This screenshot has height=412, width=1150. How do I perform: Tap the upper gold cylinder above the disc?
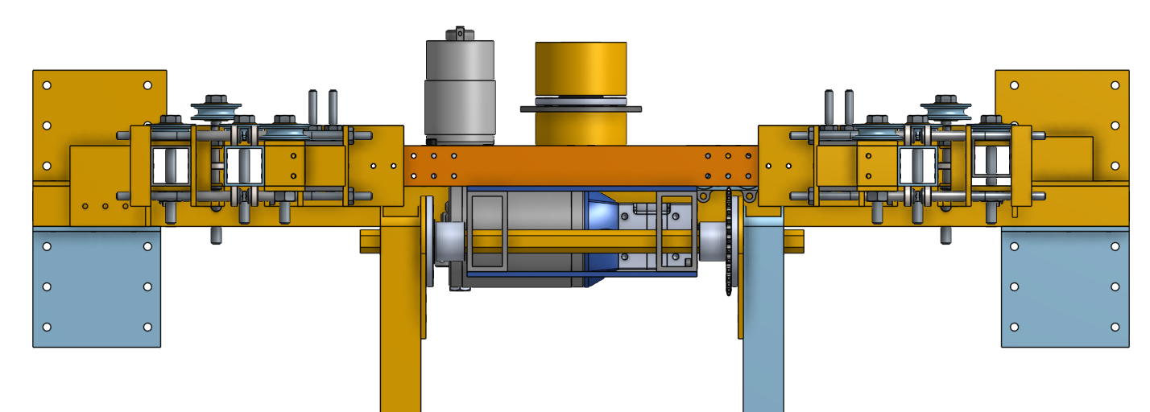(580, 68)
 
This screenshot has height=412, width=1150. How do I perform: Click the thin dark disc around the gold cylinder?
(580, 108)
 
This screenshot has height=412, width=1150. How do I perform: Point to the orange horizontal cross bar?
(580, 165)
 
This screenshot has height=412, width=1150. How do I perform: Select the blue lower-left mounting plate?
(97, 286)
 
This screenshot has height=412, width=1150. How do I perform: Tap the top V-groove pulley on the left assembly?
(216, 109)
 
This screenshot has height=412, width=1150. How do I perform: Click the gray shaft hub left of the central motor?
(448, 241)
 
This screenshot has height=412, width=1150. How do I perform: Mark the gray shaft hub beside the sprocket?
(712, 241)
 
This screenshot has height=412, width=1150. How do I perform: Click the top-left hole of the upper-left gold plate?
(47, 84)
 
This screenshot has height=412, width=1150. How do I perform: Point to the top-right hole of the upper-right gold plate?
(1115, 84)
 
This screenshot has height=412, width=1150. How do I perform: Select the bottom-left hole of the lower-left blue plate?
(47, 327)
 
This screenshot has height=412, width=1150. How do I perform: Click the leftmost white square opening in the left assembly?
(171, 166)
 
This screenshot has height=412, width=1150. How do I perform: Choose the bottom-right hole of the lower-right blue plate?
(1115, 327)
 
